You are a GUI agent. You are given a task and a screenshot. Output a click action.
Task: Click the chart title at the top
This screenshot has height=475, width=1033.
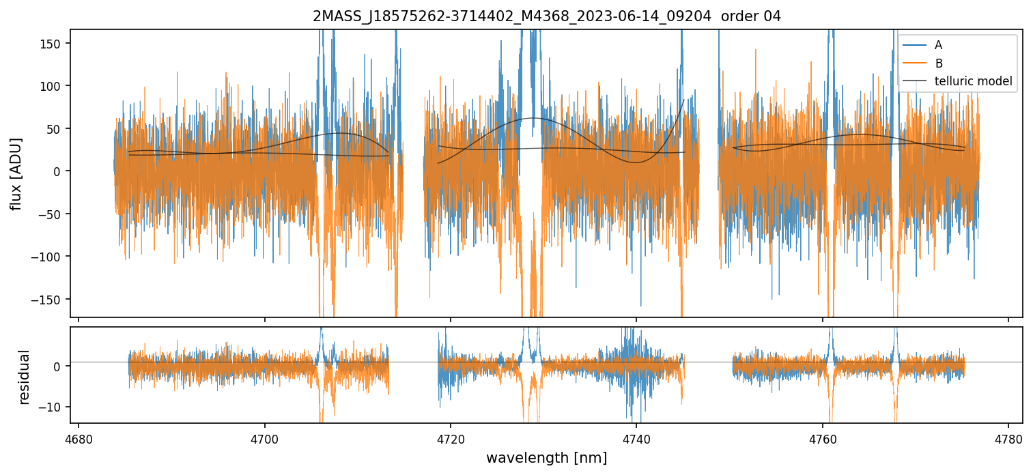546,16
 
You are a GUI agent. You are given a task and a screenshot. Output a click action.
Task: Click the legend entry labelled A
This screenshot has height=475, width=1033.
938,46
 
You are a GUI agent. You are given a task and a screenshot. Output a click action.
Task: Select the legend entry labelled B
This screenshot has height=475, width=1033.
938,64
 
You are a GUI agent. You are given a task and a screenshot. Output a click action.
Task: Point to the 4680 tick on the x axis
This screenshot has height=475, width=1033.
79,437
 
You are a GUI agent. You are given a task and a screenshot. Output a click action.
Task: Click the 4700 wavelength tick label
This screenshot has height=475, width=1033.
265,437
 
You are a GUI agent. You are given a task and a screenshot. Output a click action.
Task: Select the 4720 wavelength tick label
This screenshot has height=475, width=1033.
451,437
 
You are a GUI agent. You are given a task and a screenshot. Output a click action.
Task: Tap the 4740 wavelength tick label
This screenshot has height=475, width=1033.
636,437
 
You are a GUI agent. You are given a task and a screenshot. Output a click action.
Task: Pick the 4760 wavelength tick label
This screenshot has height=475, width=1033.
823,437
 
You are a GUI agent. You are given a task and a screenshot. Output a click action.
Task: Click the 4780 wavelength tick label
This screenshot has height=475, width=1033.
1008,437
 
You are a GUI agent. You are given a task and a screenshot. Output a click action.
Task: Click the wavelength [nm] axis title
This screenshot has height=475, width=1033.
546,458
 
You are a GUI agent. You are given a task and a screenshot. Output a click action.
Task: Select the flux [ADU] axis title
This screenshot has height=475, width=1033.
16,173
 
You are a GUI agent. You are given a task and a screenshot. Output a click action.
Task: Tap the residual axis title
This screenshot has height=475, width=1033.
25,377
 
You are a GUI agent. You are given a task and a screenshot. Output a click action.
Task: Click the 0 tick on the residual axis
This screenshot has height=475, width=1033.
60,366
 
